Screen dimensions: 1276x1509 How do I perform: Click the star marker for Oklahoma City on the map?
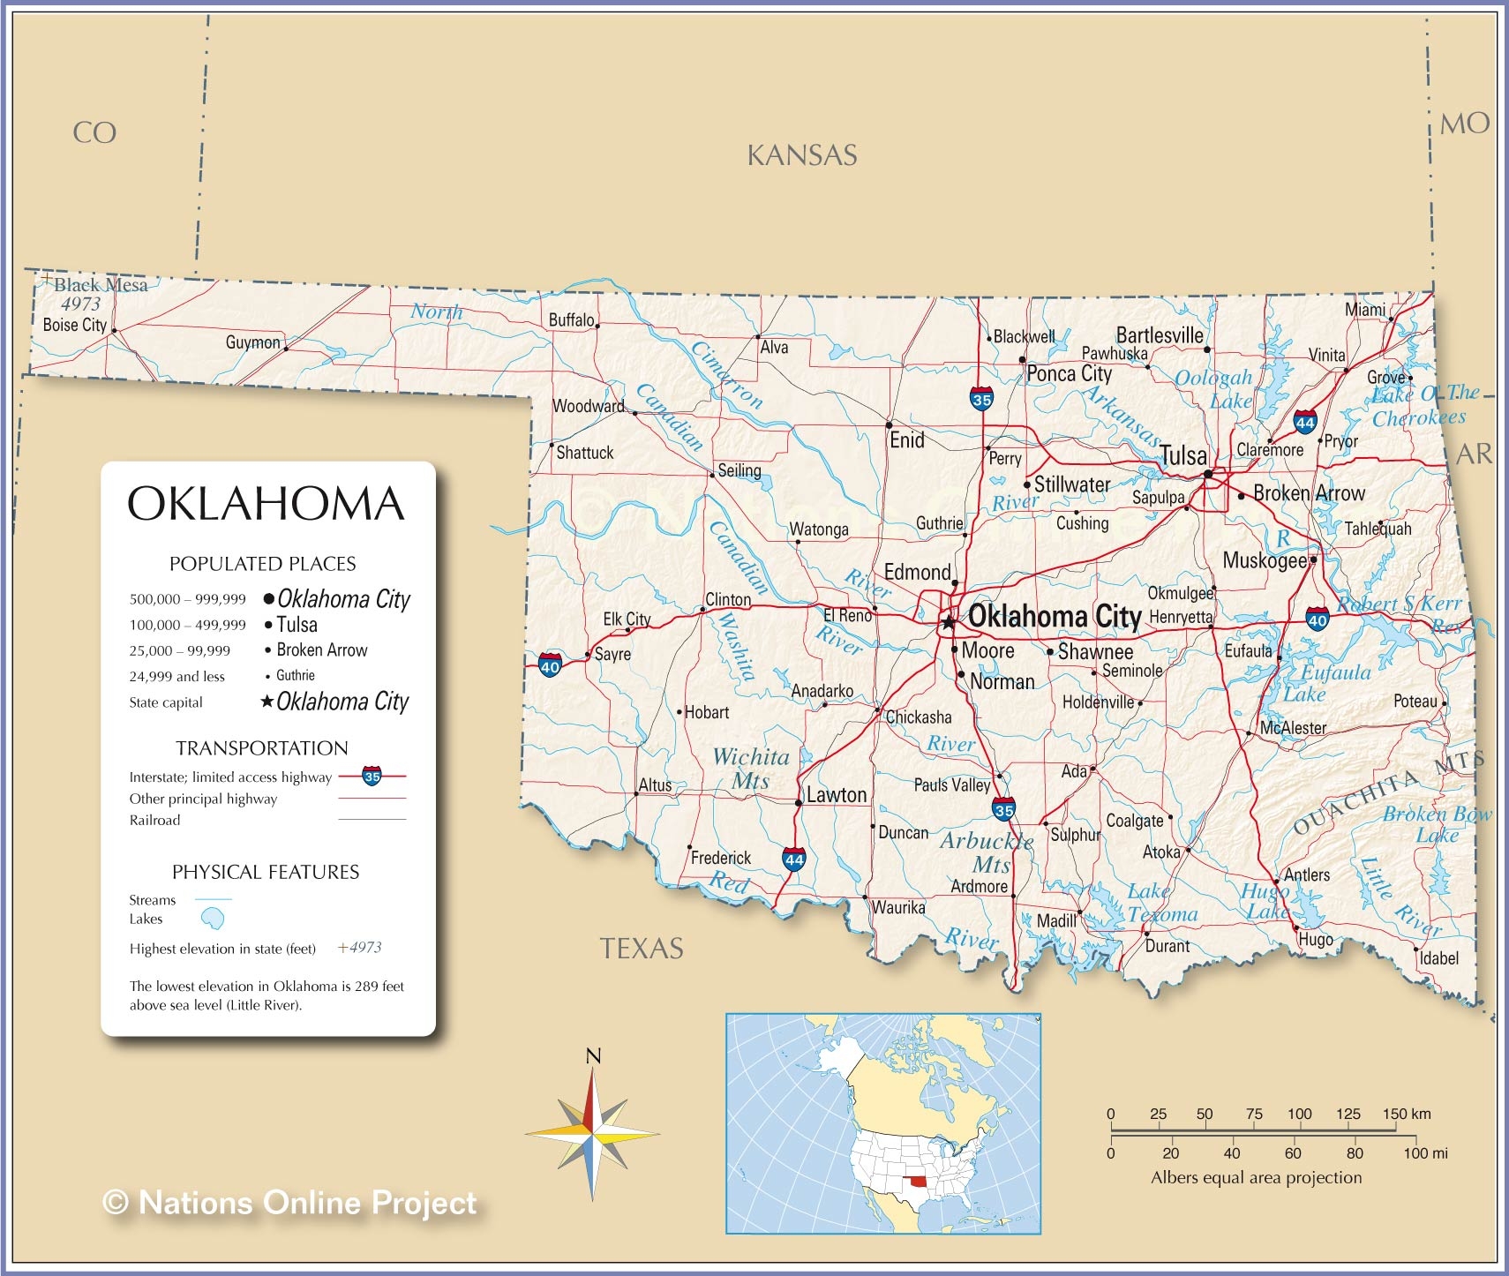[x=949, y=623]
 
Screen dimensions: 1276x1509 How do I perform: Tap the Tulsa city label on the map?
[x=1182, y=455]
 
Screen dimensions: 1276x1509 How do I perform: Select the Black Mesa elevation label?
[x=81, y=304]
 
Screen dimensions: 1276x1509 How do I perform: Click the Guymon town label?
[x=252, y=342]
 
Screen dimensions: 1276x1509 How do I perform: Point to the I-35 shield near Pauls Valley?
[x=1003, y=808]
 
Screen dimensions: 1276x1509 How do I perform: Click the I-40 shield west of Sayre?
[x=550, y=664]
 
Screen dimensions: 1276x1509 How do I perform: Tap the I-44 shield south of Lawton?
[x=793, y=859]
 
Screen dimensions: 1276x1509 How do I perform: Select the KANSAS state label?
[x=801, y=156]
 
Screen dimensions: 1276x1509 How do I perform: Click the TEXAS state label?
[x=642, y=949]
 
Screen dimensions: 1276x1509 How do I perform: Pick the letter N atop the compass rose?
[x=593, y=1055]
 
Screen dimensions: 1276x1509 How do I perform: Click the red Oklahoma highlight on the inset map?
[x=920, y=1181]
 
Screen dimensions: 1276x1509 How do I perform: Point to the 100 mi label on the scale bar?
[x=1426, y=1153]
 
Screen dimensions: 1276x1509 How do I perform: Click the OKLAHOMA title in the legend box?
[x=266, y=504]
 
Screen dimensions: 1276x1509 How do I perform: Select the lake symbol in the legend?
[x=213, y=919]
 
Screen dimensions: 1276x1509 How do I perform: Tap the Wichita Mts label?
[x=751, y=769]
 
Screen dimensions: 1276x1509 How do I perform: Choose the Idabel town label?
[x=1438, y=958]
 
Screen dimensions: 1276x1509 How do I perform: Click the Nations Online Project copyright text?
[x=290, y=1202]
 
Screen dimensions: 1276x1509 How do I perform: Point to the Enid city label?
[x=907, y=440]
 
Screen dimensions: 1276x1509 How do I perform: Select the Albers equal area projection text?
[x=1256, y=1177]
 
